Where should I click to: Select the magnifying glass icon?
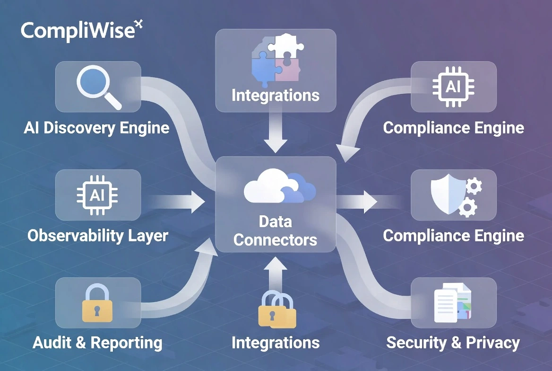[98, 87]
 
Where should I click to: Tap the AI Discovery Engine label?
[96, 128]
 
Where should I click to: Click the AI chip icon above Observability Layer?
[97, 195]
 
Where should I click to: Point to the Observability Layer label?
[98, 236]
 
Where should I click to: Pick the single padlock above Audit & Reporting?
[97, 303]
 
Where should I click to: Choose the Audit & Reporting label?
[97, 343]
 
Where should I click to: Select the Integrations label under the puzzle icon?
[276, 95]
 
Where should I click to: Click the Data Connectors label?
[276, 230]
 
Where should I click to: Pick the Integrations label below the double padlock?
[276, 343]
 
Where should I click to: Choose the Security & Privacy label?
[453, 343]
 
